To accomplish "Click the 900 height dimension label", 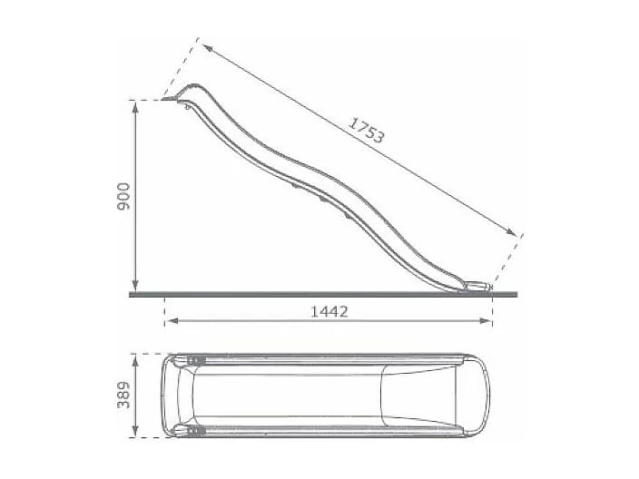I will click(124, 196).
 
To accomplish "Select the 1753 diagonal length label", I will click(368, 131).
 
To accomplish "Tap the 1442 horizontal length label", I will click(329, 310).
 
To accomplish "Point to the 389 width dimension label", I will click(124, 395).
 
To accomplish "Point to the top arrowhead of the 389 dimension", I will click(135, 357).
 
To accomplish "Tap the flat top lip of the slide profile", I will click(172, 99).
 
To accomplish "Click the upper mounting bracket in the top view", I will click(192, 358).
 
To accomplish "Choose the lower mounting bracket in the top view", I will click(192, 431).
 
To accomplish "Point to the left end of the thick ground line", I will click(133, 294).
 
